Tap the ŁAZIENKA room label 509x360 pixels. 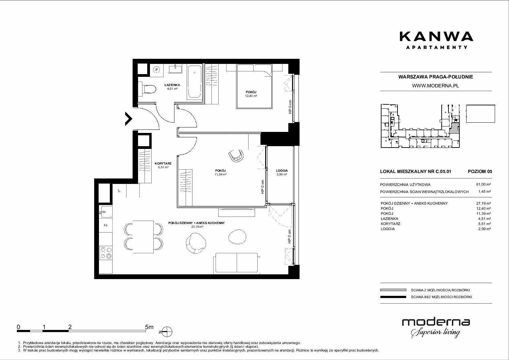(172, 85)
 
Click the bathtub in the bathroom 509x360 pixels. (194, 82)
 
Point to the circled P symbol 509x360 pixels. (157, 69)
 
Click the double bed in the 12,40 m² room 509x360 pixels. (254, 86)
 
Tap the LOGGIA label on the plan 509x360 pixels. (282, 171)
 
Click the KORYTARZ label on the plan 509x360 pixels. (163, 164)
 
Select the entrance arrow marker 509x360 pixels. (129, 119)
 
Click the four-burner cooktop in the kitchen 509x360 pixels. (106, 253)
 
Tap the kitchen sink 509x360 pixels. (105, 212)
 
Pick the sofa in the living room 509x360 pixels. (237, 263)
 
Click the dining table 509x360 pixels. (143, 237)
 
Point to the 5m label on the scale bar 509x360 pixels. (149, 327)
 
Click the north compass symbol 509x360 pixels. (167, 332)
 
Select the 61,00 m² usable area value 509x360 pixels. (483, 185)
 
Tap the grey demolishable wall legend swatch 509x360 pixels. (393, 290)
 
